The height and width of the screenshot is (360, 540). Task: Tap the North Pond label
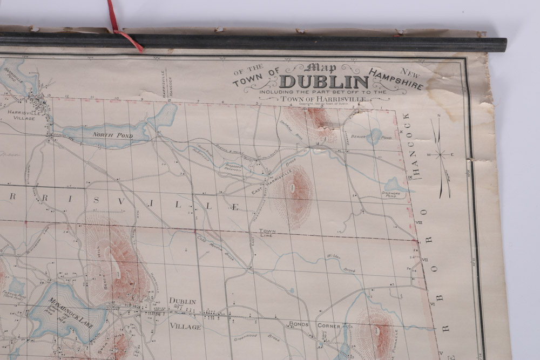click(x=105, y=134)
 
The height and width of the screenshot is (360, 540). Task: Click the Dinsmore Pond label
click(x=391, y=195)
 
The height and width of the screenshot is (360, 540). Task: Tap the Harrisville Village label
click(x=21, y=115)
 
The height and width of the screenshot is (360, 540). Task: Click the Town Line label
click(x=267, y=232)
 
